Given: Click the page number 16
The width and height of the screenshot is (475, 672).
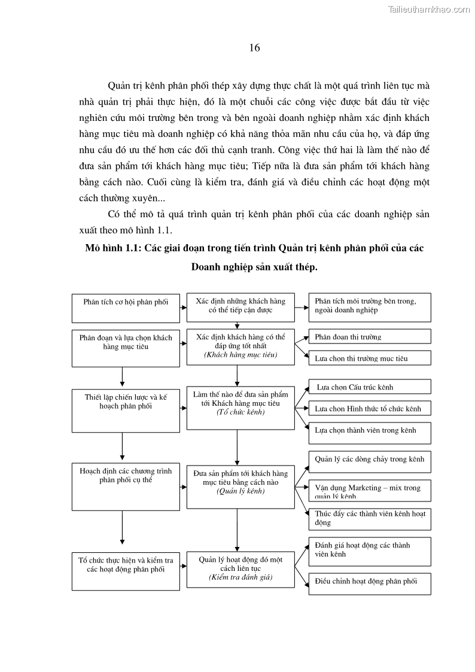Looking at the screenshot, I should [x=254, y=48].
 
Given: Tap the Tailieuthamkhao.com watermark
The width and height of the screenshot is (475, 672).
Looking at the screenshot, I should [x=429, y=9].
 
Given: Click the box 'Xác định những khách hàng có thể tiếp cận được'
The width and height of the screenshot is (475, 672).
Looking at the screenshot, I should [x=240, y=306].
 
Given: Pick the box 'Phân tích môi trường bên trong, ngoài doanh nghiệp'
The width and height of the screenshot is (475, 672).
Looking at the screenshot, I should [x=369, y=306].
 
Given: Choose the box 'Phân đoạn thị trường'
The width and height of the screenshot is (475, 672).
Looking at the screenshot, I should [x=369, y=336].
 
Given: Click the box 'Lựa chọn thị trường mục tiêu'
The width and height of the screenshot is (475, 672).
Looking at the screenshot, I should [x=369, y=358].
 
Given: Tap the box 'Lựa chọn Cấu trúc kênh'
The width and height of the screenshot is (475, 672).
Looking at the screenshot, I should [x=369, y=387].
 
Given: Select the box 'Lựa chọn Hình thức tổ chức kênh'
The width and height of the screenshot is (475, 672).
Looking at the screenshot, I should [x=369, y=409].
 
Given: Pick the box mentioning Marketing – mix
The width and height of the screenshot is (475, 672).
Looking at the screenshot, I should [x=369, y=489].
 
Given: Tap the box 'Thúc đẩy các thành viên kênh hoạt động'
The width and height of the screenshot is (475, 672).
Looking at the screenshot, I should [x=369, y=518].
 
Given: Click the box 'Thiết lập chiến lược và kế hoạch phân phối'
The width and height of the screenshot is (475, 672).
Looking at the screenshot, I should [x=126, y=411].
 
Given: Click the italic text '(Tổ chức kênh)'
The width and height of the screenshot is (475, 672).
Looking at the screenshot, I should [x=240, y=412].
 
